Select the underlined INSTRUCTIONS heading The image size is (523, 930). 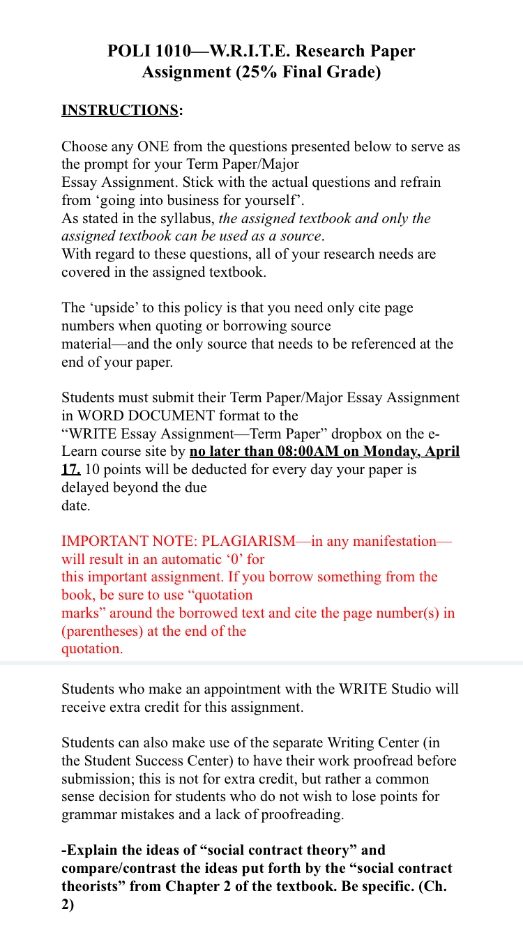point(120,110)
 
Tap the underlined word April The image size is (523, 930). point(443,451)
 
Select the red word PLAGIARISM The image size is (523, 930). point(248,541)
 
